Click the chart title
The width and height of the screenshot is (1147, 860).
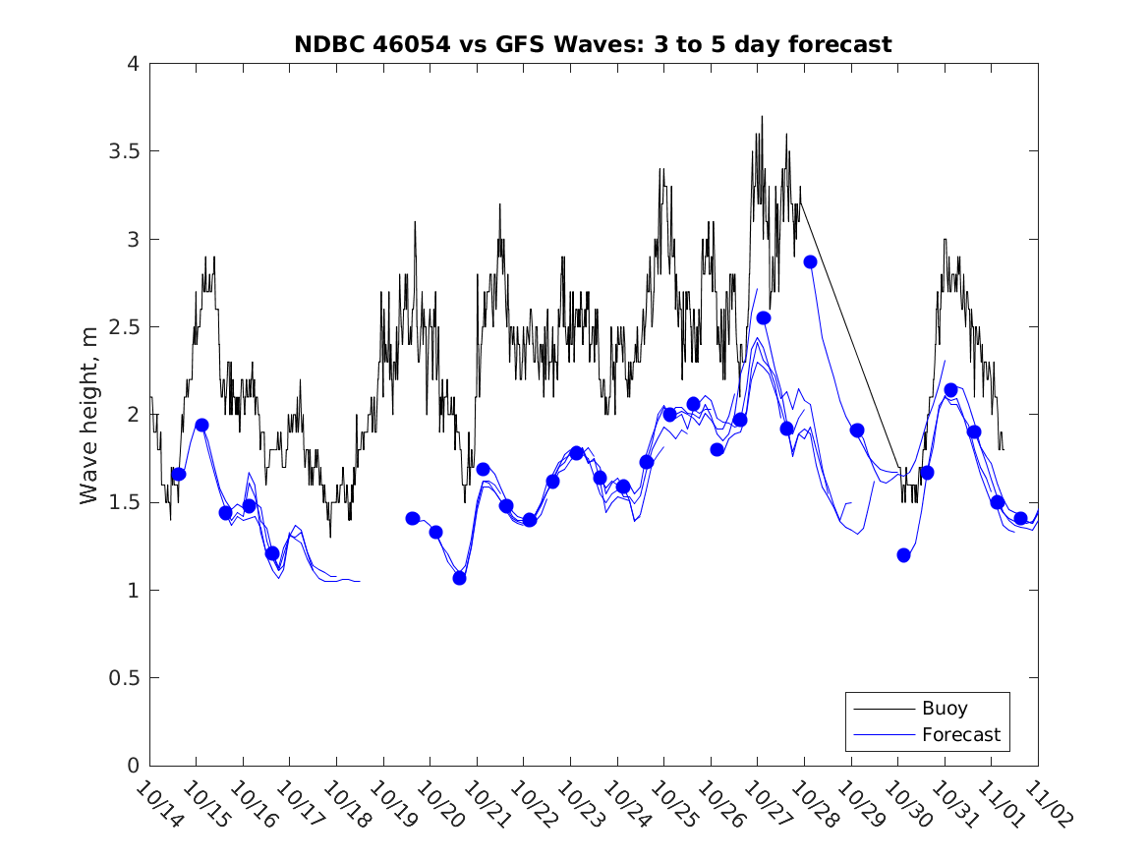593,44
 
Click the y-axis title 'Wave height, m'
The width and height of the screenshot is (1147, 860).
89,416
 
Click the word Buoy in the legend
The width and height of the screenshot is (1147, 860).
944,709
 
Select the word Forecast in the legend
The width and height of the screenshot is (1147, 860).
960,734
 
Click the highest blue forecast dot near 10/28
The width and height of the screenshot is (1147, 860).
810,261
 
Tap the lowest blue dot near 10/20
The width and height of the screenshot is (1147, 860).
459,578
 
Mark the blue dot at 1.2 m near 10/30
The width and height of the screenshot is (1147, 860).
903,555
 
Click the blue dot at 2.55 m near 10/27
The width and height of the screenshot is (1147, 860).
764,317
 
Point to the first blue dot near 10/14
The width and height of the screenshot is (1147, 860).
179,474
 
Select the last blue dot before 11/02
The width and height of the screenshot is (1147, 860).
1020,518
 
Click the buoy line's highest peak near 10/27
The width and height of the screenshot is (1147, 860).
762,117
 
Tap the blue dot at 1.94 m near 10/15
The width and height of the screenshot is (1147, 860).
201,425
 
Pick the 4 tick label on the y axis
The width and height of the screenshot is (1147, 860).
131,64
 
